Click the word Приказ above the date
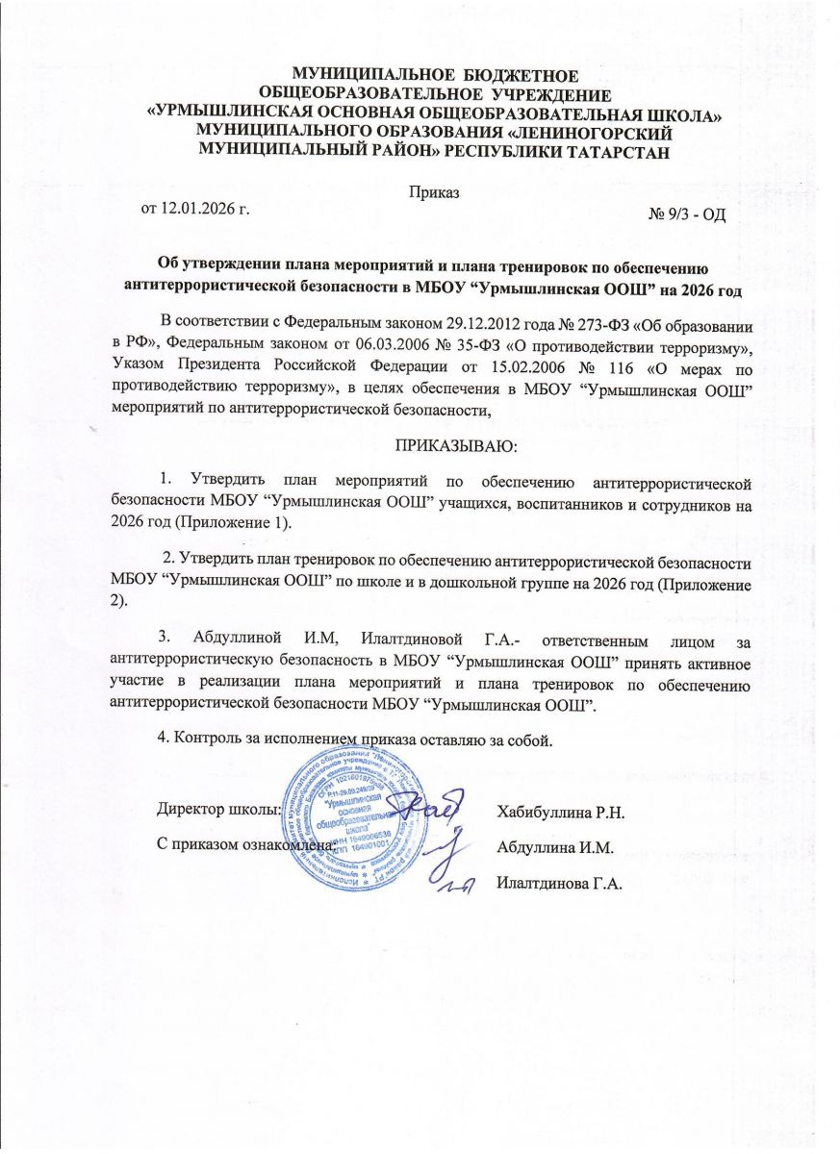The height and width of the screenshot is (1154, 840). [x=433, y=191]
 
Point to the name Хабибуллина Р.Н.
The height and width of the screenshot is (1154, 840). [x=561, y=813]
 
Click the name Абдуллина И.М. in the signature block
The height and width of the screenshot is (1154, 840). [x=555, y=847]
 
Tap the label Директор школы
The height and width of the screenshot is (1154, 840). [x=218, y=809]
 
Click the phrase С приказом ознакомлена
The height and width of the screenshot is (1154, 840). [x=246, y=843]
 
